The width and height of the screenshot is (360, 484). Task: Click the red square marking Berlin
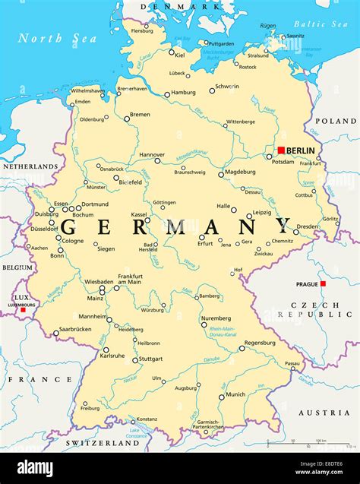[x=281, y=150]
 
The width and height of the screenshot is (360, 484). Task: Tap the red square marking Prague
[x=323, y=283]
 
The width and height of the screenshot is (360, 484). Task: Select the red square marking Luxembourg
[x=23, y=309]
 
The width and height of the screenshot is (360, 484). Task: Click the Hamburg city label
[x=183, y=93]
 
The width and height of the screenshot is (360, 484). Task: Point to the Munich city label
[x=235, y=394]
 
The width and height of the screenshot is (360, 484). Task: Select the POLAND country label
[x=336, y=121]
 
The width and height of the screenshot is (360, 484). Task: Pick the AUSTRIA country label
[x=324, y=413]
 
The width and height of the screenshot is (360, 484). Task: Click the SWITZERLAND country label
[x=103, y=442]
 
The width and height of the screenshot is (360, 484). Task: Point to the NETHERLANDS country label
[x=29, y=166]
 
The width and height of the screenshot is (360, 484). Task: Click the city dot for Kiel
[x=172, y=54]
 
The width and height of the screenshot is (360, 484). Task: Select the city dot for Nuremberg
[x=204, y=324]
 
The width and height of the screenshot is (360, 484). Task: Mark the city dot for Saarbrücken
[x=55, y=333]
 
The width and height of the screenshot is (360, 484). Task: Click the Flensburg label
[x=142, y=31]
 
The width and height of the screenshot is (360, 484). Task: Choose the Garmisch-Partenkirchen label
[x=207, y=425]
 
